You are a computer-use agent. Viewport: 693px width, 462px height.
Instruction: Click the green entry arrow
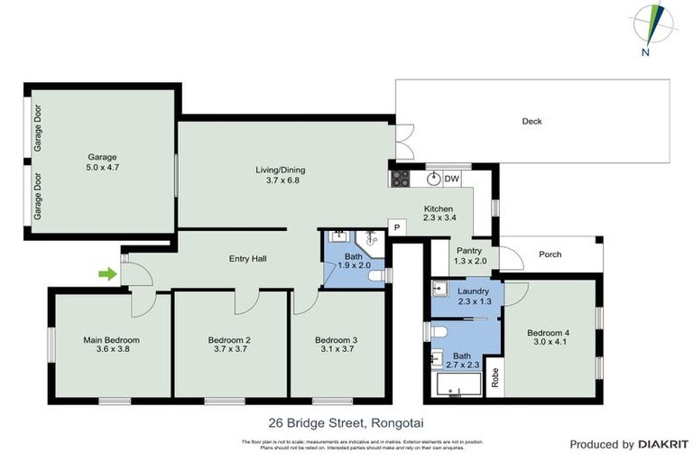pyautogui.click(x=107, y=273)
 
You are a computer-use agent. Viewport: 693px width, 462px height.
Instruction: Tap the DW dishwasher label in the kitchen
pyautogui.click(x=452, y=179)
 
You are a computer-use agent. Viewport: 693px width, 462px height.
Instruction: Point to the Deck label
pyautogui.click(x=532, y=121)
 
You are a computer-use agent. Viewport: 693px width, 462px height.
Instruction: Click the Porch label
pyautogui.click(x=550, y=254)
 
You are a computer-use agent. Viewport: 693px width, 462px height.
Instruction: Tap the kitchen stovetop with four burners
pyautogui.click(x=400, y=179)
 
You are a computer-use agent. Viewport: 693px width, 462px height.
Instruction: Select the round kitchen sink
pyautogui.click(x=433, y=179)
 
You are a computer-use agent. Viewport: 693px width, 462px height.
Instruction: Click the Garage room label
pyautogui.click(x=102, y=156)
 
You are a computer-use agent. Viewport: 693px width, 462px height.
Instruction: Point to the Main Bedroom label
pyautogui.click(x=111, y=339)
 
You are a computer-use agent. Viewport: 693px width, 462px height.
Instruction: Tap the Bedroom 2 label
pyautogui.click(x=228, y=339)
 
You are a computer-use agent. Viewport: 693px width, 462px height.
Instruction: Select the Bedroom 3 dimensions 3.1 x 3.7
pyautogui.click(x=337, y=349)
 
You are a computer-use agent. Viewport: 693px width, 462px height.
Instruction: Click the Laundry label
pyautogui.click(x=473, y=291)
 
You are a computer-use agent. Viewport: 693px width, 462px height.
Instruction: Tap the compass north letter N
pyautogui.click(x=645, y=52)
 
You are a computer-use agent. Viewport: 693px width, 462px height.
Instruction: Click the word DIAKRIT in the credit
pyautogui.click(x=664, y=444)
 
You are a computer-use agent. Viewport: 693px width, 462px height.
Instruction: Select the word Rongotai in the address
pyautogui.click(x=400, y=421)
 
